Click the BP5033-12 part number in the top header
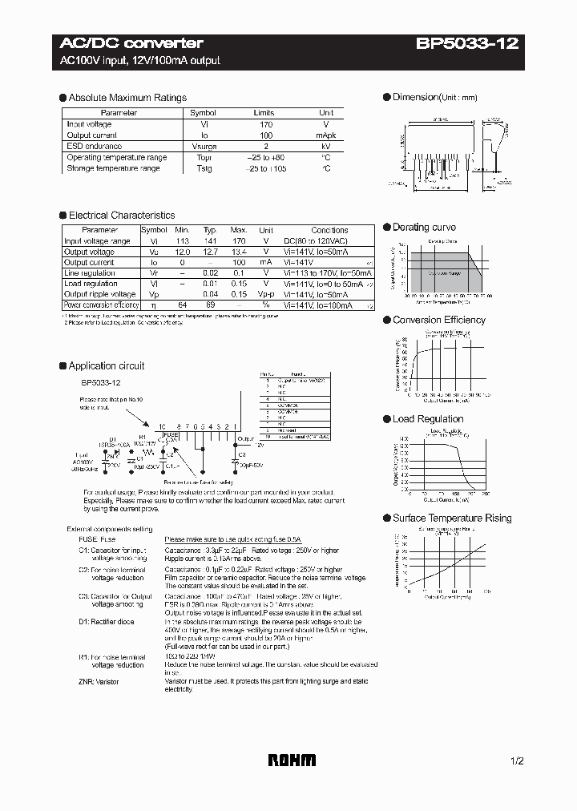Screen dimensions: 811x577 [x=467, y=43]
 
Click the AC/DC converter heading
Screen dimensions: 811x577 [x=131, y=43]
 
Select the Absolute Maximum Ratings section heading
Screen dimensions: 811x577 [x=127, y=98]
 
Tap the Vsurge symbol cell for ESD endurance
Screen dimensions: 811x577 [x=203, y=147]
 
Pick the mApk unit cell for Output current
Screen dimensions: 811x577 [x=326, y=135]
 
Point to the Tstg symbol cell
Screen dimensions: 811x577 [x=203, y=169]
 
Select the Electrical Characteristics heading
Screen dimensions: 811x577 [x=121, y=216]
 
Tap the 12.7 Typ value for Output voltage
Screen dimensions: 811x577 [x=210, y=252]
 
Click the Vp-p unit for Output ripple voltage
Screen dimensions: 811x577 [x=266, y=294]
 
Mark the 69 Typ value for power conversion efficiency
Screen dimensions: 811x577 [x=210, y=305]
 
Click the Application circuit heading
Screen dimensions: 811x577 [x=106, y=365]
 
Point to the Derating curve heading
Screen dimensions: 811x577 [x=424, y=228]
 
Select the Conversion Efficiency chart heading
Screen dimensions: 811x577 [x=438, y=320]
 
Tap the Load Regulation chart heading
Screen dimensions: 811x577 [x=427, y=419]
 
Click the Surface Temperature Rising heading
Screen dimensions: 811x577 [x=451, y=518]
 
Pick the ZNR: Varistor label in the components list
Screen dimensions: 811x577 [x=101, y=680]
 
